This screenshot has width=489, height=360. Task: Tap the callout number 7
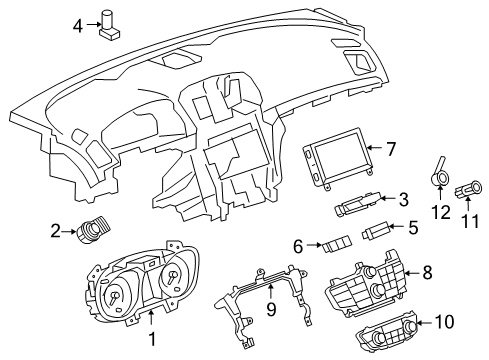tap(391, 150)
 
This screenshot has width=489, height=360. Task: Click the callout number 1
tap(152, 341)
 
